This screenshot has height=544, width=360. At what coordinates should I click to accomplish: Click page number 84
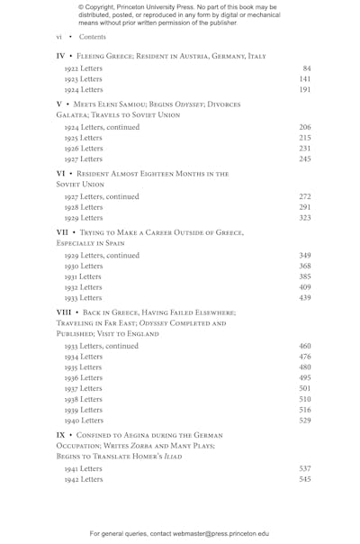(x=307, y=68)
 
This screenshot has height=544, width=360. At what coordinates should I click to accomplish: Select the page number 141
(x=305, y=79)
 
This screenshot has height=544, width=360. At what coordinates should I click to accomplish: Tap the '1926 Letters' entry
(x=84, y=149)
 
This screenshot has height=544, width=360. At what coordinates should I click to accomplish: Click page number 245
(x=305, y=159)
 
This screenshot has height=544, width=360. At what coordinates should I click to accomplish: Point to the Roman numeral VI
(x=60, y=173)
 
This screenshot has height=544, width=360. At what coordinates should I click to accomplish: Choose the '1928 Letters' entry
(x=84, y=207)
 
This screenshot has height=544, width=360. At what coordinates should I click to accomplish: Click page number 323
(x=305, y=218)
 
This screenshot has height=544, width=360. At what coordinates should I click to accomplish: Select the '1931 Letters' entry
(x=84, y=277)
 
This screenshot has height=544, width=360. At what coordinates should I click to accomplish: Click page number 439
(x=305, y=298)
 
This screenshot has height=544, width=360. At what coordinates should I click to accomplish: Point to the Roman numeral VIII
(x=63, y=312)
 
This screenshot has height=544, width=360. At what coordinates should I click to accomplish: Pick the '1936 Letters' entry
(x=84, y=378)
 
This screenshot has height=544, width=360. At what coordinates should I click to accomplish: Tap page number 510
(x=305, y=399)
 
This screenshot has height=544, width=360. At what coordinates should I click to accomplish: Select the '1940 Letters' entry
(x=84, y=421)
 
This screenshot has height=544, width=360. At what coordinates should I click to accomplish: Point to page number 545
(x=305, y=479)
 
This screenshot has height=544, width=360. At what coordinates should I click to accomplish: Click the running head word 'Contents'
(x=93, y=37)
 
